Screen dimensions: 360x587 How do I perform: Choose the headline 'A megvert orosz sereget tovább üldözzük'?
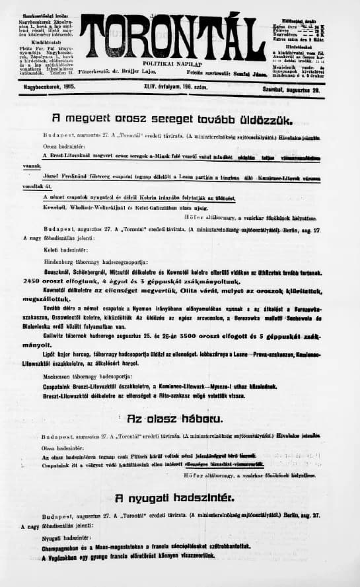pos(153,120)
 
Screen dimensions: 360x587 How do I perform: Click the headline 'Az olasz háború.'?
pos(175,419)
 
